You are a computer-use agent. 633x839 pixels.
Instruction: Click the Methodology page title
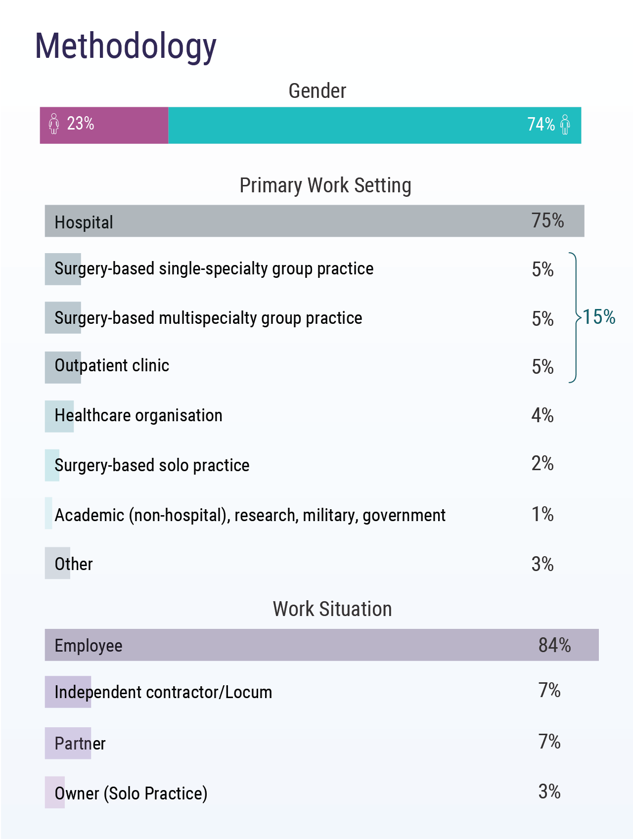click(126, 46)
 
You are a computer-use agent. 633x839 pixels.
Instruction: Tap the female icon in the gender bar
click(54, 124)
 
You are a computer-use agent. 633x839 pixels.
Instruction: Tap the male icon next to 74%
click(565, 125)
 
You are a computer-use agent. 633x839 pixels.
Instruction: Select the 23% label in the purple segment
click(81, 124)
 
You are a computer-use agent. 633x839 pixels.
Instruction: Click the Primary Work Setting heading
click(325, 186)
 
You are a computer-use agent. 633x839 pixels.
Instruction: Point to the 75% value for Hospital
click(547, 221)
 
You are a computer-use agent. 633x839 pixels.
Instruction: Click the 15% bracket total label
click(599, 317)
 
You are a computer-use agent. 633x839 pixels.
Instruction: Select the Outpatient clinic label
click(112, 366)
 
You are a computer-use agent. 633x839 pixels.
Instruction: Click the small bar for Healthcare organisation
click(59, 416)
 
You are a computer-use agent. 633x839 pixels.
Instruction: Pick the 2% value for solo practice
click(542, 464)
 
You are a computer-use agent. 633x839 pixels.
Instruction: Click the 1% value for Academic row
click(542, 514)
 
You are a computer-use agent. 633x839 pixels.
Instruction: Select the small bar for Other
click(57, 563)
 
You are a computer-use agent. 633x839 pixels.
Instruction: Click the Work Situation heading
click(332, 609)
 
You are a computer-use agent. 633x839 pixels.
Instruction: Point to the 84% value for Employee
click(554, 645)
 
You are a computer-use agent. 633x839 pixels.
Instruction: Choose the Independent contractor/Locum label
click(163, 692)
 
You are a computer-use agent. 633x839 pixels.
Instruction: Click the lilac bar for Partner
click(68, 743)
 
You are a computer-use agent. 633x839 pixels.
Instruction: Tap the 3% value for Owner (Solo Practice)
click(549, 792)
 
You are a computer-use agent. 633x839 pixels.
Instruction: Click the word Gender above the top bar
click(317, 91)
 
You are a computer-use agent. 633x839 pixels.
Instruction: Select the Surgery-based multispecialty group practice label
click(208, 318)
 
